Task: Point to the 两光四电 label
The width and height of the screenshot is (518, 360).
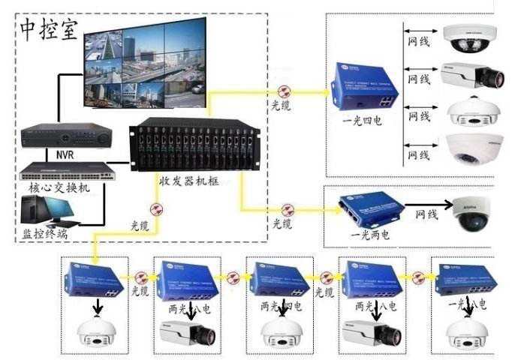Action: click(x=281, y=306)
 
